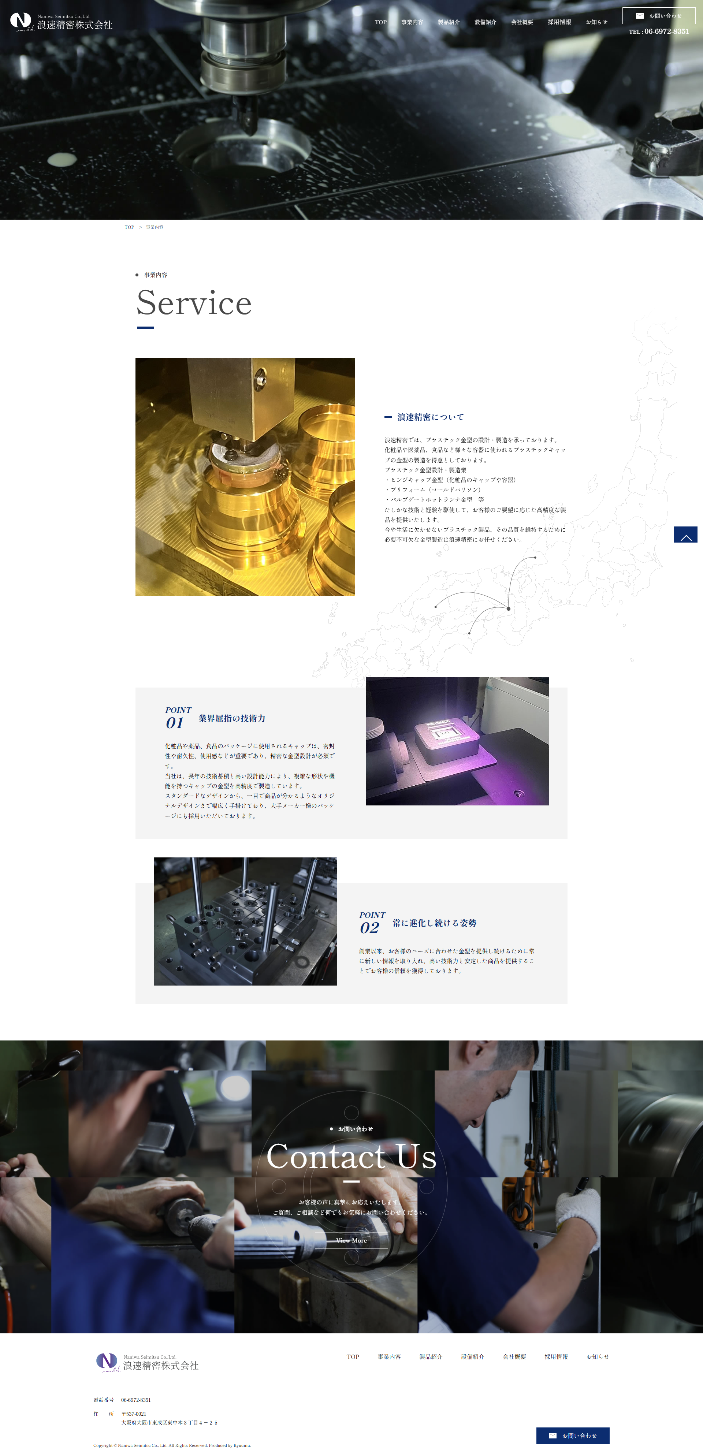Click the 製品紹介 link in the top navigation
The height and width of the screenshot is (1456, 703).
(x=448, y=22)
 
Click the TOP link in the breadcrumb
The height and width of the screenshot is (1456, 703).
(x=129, y=227)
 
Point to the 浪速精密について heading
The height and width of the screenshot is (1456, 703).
(x=430, y=417)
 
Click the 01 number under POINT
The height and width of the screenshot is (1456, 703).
(x=175, y=723)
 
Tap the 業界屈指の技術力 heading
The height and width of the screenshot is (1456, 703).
(x=232, y=718)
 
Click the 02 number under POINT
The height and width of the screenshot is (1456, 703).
(x=369, y=928)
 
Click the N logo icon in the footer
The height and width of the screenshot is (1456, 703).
(x=106, y=1361)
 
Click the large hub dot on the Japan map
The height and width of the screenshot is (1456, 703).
(x=509, y=609)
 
